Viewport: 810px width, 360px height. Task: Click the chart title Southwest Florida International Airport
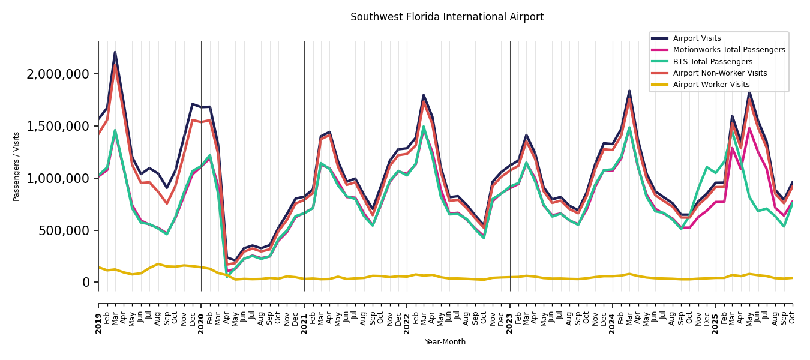click(x=447, y=17)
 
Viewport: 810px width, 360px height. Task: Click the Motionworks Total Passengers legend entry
click(x=728, y=50)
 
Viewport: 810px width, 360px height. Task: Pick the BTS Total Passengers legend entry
click(x=712, y=62)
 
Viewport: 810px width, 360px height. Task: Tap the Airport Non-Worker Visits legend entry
click(x=719, y=73)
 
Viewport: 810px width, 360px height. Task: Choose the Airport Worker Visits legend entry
click(x=711, y=85)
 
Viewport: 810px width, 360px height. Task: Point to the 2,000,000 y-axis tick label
click(x=58, y=74)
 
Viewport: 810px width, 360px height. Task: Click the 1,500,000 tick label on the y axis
click(x=58, y=126)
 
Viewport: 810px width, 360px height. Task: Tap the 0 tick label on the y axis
click(x=86, y=283)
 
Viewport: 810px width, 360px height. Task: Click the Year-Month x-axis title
click(x=445, y=342)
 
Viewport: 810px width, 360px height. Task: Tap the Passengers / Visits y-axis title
click(x=17, y=166)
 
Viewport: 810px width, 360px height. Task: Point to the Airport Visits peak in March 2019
click(x=115, y=52)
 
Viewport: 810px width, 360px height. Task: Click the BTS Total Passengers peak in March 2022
click(x=424, y=127)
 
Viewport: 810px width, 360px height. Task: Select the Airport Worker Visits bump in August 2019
click(x=158, y=264)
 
